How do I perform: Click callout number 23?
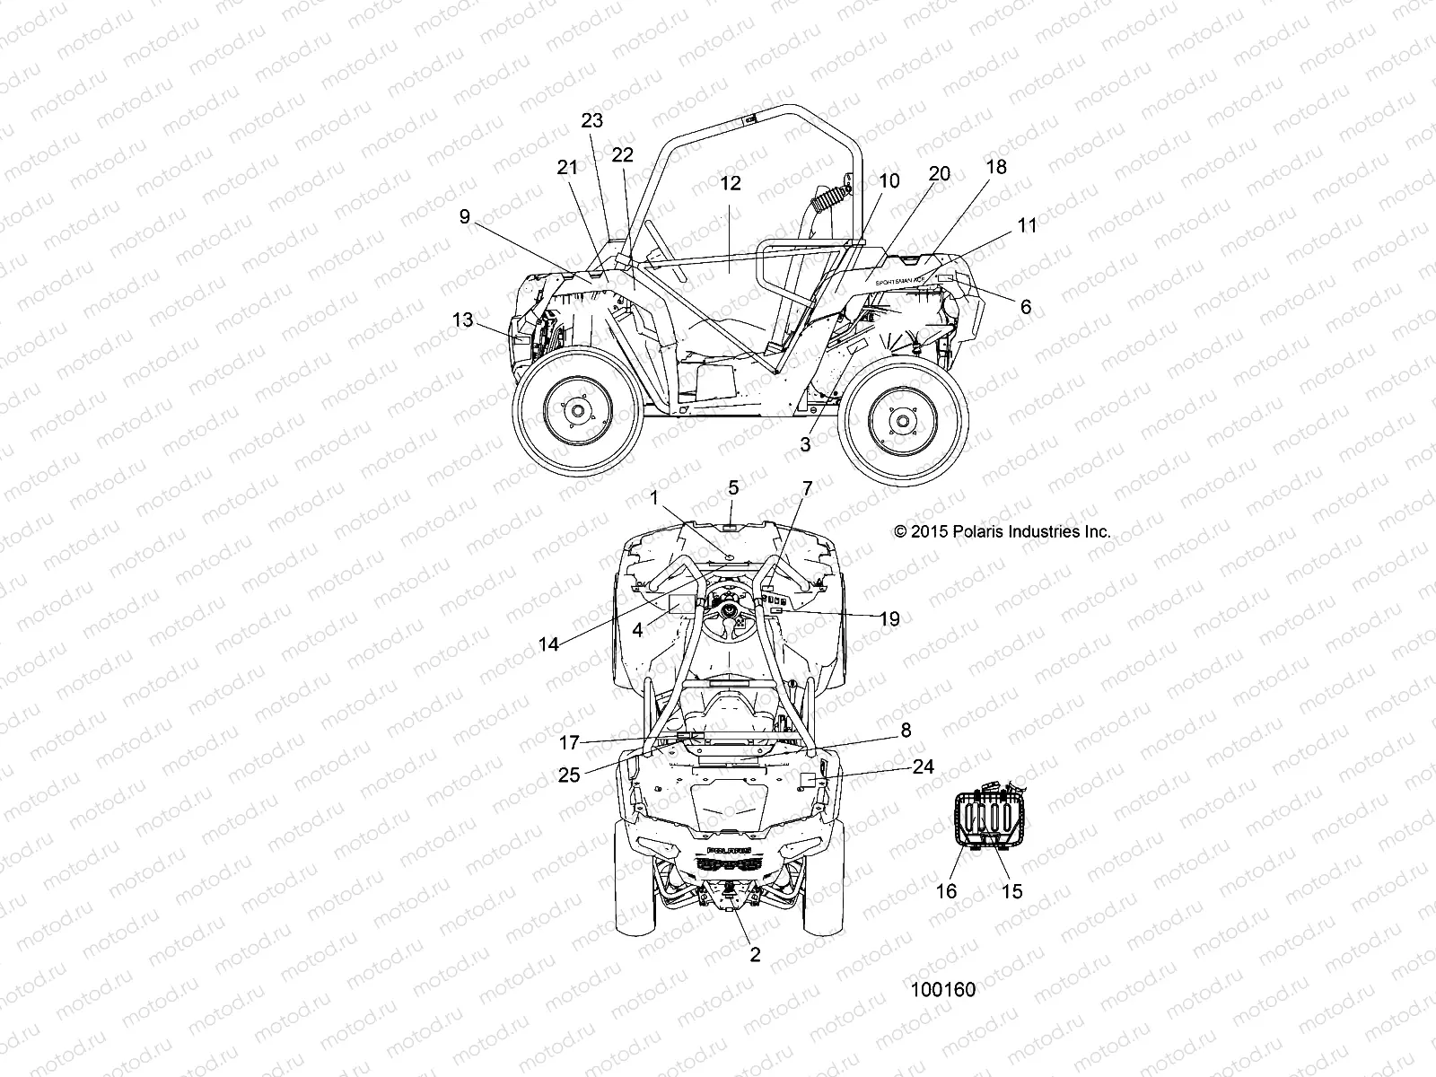pos(592,120)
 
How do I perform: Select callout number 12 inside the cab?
pos(731,183)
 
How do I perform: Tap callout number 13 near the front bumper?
pos(462,320)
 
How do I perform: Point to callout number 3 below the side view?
pos(805,443)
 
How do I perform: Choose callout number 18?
pos(996,167)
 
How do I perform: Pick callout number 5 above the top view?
pos(733,487)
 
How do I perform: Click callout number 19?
pos(889,618)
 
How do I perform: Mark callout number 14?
pos(548,644)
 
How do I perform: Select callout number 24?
pos(923,766)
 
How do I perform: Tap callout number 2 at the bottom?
pos(755,955)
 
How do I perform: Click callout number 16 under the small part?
pos(947,891)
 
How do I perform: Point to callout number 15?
pos(1011,891)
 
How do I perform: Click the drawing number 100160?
pos(942,990)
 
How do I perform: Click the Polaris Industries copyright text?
pos(1003,531)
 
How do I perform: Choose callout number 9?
pos(464,217)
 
